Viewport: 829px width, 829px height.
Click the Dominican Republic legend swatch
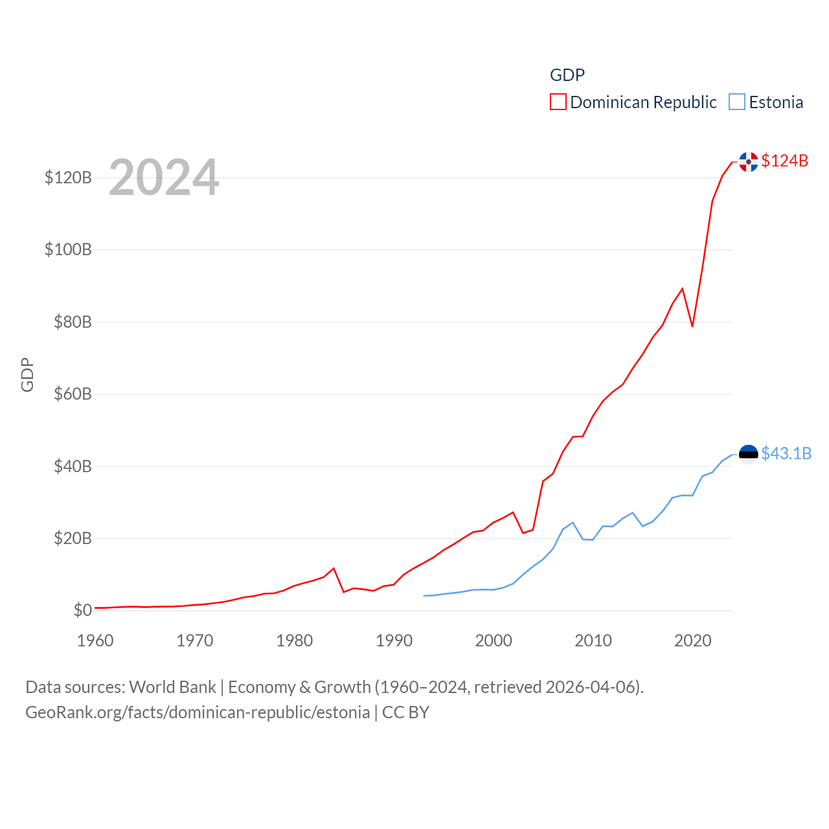tap(558, 102)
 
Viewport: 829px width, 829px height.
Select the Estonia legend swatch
tap(737, 102)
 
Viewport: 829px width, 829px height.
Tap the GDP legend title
tap(567, 75)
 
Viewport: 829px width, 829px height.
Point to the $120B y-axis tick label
tap(68, 177)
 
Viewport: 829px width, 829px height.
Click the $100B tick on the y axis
tap(68, 249)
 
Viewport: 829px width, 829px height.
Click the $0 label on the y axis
tap(82, 610)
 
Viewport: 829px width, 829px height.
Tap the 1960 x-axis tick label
tap(95, 641)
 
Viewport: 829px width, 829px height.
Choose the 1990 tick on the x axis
tap(394, 641)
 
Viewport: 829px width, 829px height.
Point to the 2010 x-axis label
tap(593, 641)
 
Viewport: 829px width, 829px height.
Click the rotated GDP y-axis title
tap(27, 374)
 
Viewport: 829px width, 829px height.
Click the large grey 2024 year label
tap(164, 177)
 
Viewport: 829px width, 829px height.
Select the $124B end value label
tap(784, 161)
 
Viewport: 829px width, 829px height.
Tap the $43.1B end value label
tap(786, 453)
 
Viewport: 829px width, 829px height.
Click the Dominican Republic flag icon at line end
tap(749, 162)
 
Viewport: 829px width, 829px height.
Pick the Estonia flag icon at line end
tap(749, 455)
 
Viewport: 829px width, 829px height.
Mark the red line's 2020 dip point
tap(692, 326)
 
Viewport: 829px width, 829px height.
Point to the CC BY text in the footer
tap(405, 712)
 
